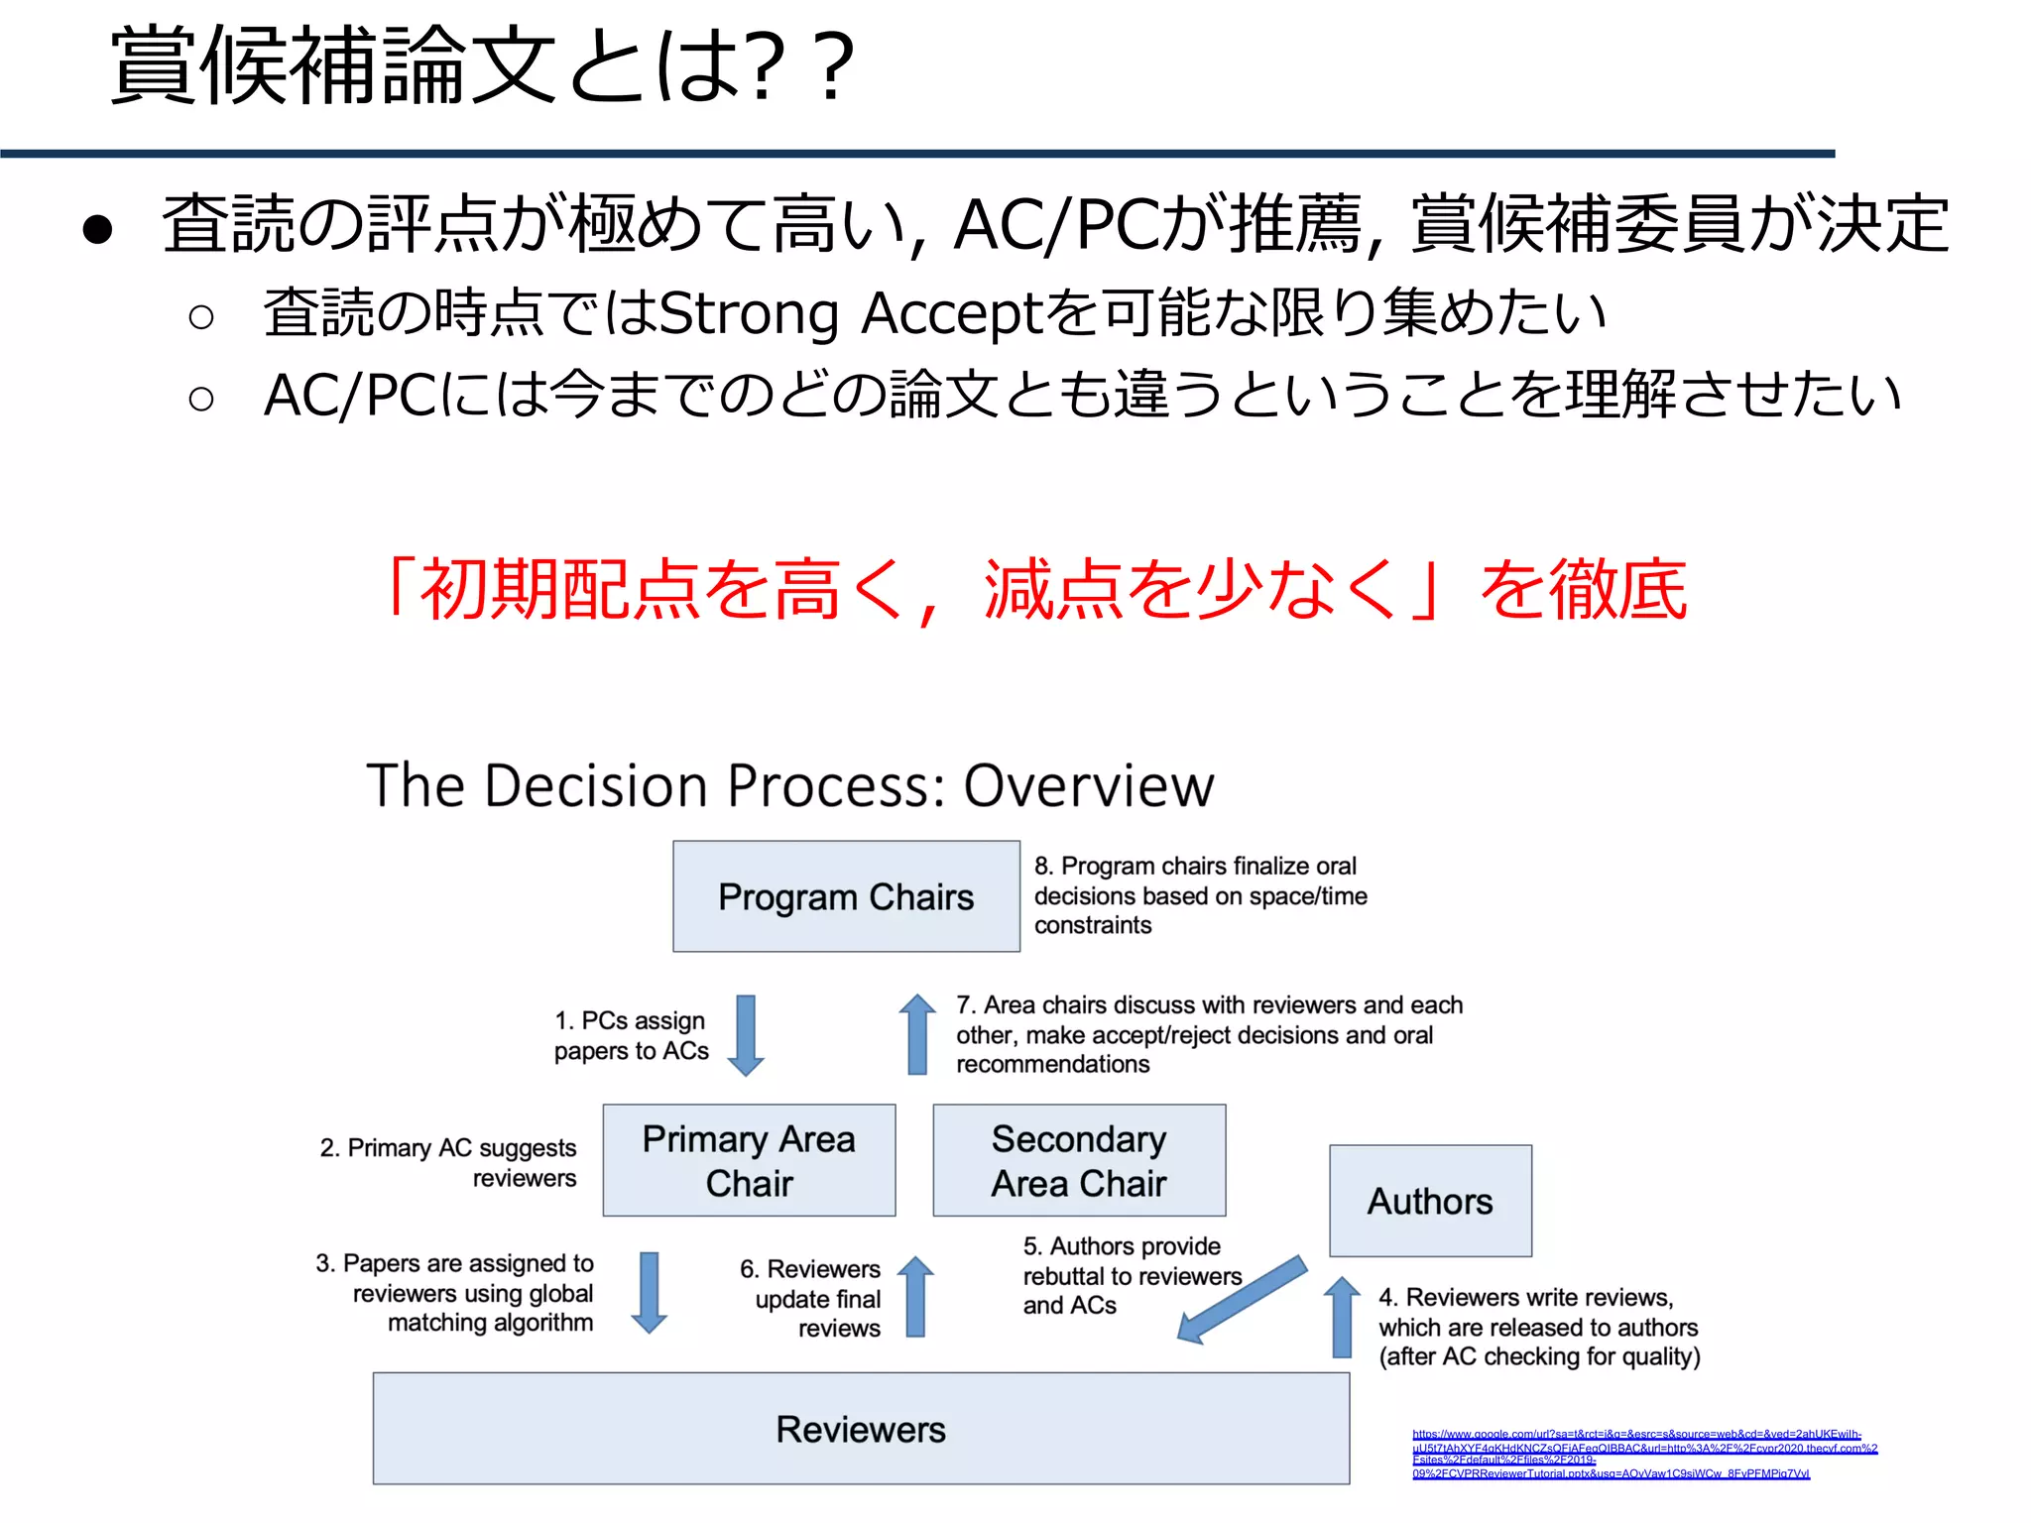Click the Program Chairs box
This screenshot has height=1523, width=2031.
point(846,896)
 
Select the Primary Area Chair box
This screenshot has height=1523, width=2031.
point(749,1160)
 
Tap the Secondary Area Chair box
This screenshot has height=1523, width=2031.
point(1079,1160)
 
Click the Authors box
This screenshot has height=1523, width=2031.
point(1430,1201)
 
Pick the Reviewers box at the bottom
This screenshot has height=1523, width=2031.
point(861,1428)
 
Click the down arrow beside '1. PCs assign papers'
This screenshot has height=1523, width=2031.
point(746,1035)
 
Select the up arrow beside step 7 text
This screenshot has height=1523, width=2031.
point(917,1034)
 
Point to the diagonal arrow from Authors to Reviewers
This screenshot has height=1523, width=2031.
point(1242,1299)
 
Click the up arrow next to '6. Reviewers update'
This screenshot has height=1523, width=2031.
point(915,1296)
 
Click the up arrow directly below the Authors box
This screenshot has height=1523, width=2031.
point(1342,1317)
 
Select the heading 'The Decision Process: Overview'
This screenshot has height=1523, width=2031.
point(789,785)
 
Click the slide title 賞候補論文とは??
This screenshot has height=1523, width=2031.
point(482,66)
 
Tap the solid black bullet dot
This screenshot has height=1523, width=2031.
point(98,229)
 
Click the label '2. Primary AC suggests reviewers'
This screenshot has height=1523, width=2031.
point(448,1162)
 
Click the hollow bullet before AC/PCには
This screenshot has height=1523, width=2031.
point(201,399)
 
